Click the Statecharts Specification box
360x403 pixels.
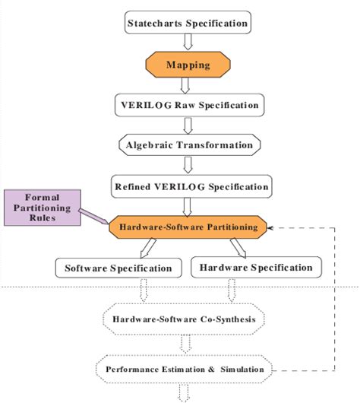[187, 23]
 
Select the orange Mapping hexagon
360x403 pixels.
[187, 65]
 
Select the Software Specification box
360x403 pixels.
[118, 268]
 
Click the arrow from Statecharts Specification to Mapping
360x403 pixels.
[187, 43]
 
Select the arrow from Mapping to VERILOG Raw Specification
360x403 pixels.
[187, 85]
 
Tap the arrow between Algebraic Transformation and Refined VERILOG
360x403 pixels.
[187, 165]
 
